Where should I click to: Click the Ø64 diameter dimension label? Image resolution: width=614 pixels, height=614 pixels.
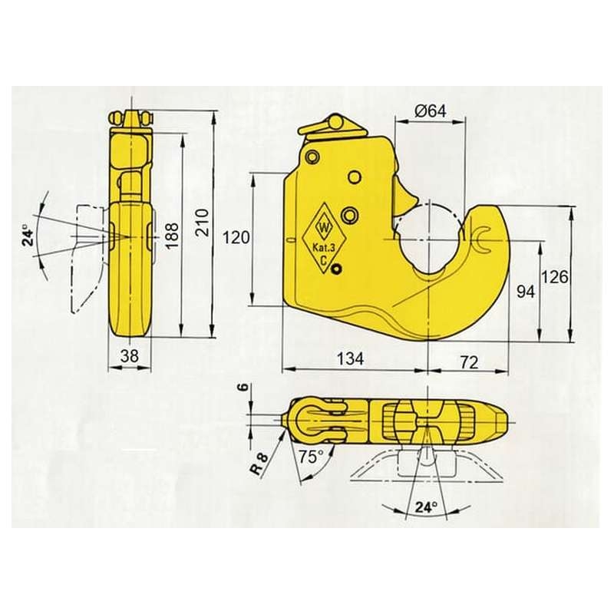[x=430, y=111]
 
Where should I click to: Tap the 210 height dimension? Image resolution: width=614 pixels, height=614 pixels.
[x=203, y=222]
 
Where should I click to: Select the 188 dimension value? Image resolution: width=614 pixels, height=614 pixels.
[x=171, y=235]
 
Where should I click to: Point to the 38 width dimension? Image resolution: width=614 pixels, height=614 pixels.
[x=130, y=356]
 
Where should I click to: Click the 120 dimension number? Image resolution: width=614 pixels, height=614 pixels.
[x=236, y=237]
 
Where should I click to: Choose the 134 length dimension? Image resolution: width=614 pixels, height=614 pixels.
[x=351, y=358]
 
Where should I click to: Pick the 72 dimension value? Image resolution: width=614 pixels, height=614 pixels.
[x=469, y=363]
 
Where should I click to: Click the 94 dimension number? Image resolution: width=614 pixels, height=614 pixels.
[x=526, y=292]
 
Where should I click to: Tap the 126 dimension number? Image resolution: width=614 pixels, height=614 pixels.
[x=554, y=277]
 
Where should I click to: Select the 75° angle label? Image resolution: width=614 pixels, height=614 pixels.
[x=311, y=457]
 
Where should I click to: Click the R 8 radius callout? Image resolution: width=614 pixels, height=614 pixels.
[x=259, y=464]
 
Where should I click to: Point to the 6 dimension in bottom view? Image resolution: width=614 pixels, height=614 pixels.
[x=243, y=388]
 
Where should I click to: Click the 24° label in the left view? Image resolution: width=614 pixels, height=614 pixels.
[x=28, y=235]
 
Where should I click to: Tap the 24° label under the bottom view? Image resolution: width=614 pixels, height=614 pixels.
[x=426, y=507]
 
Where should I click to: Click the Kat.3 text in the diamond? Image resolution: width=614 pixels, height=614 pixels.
[x=323, y=247]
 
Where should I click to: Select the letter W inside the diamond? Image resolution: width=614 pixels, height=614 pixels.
[x=325, y=227]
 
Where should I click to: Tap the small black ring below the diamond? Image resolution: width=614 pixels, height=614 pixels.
[x=336, y=269]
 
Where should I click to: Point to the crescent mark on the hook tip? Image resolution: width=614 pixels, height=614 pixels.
[x=482, y=240]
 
